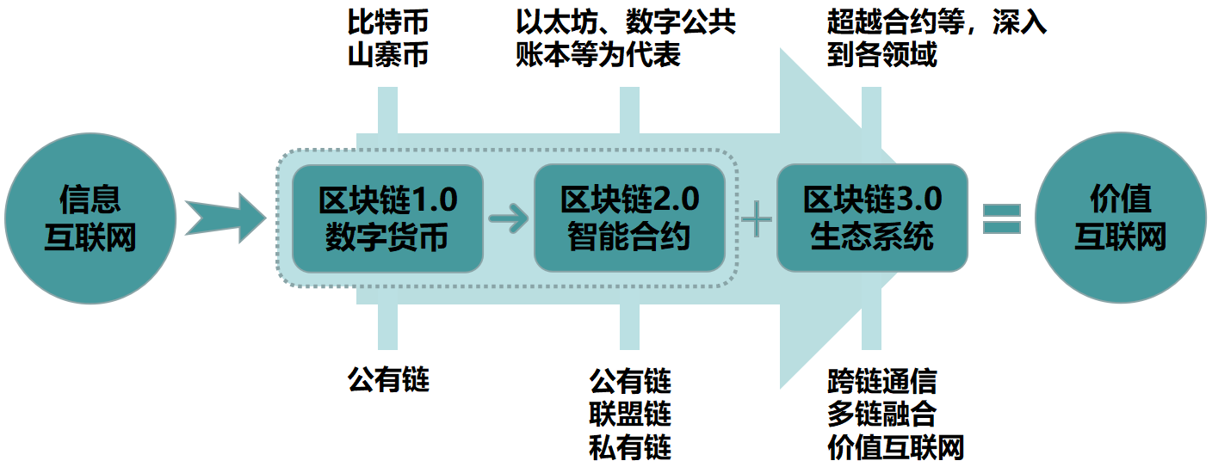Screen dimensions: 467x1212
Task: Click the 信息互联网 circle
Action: (90, 218)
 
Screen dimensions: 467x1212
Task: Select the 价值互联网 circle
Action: (1120, 218)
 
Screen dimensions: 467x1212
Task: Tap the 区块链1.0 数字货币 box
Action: (387, 218)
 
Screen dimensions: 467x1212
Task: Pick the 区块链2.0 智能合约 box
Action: (629, 218)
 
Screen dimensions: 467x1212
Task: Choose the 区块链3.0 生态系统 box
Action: (872, 218)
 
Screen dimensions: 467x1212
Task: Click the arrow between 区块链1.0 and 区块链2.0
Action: (509, 218)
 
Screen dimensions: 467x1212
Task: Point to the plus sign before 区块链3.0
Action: (757, 219)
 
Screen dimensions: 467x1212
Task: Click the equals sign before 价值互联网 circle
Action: (1001, 218)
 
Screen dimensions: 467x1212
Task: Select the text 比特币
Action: (387, 22)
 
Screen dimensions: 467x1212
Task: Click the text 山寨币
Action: (387, 55)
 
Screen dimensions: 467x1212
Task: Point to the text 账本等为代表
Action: (598, 55)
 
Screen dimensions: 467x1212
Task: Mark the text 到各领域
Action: (881, 55)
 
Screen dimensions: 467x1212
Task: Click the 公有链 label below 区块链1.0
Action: (387, 379)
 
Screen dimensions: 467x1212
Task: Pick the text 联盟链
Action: (630, 414)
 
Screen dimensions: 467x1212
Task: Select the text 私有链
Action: (630, 447)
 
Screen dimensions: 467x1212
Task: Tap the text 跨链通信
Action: (881, 380)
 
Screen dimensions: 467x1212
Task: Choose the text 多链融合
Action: (881, 414)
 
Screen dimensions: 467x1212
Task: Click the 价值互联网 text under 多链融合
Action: (895, 447)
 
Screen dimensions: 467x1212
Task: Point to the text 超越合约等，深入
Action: (937, 22)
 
